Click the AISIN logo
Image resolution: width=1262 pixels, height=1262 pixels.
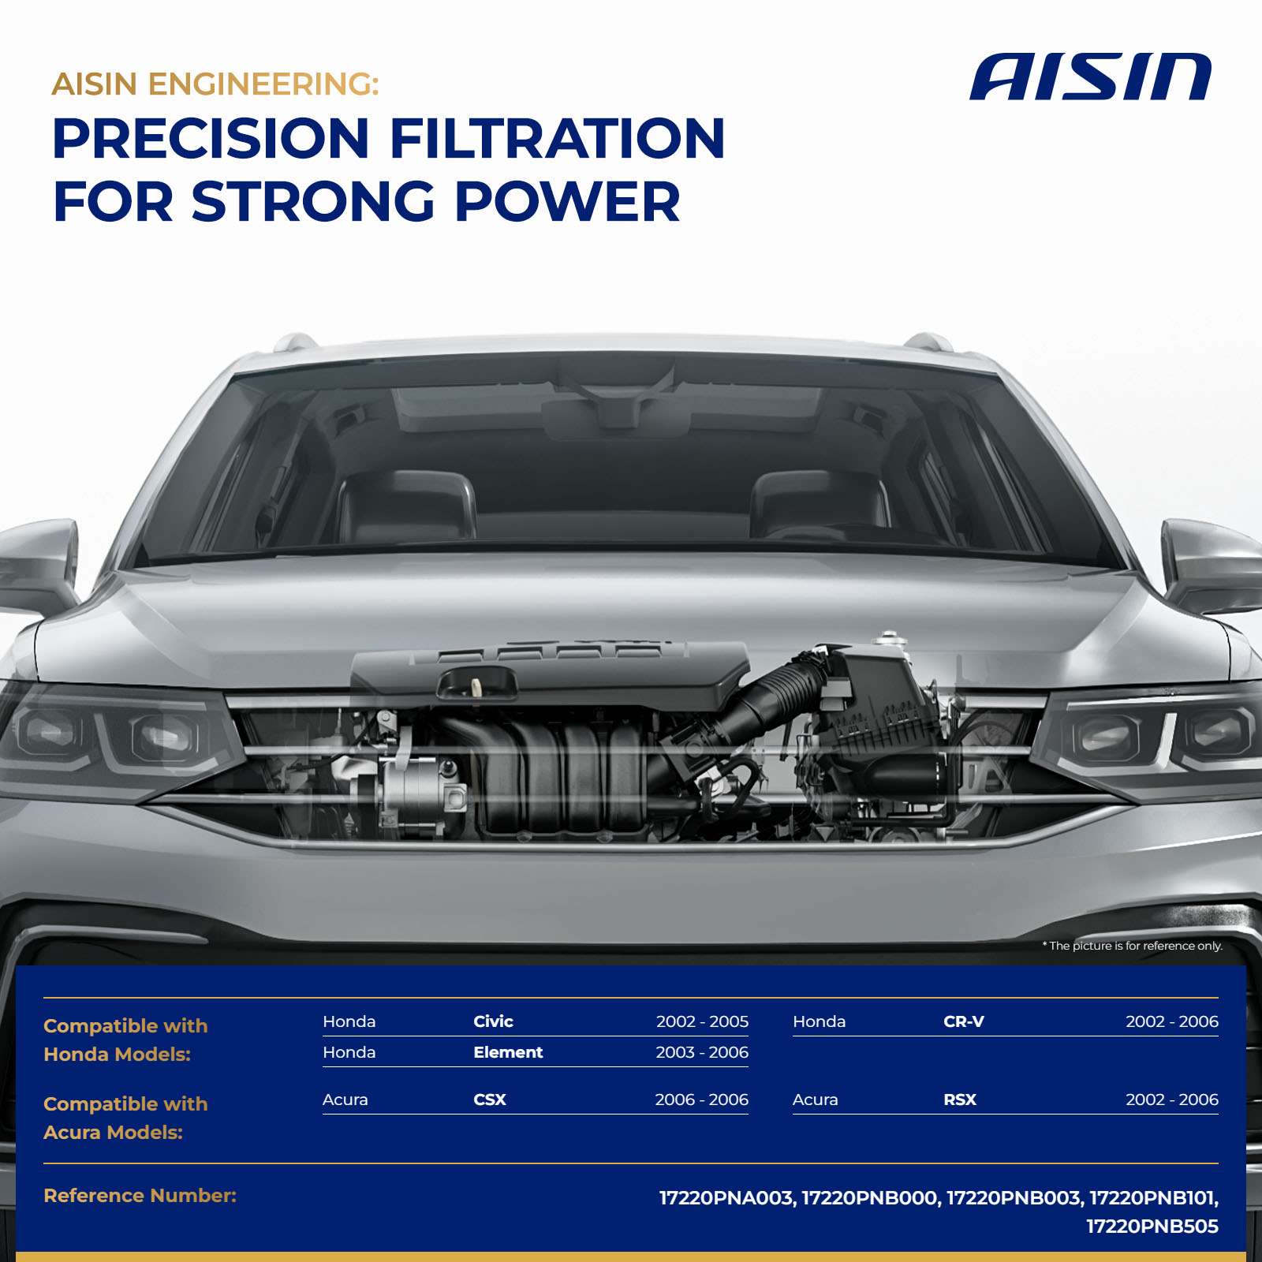[x=1090, y=77]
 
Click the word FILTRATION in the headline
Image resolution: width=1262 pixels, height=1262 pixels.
[x=557, y=138]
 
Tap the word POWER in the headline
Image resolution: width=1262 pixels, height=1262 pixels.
[x=567, y=201]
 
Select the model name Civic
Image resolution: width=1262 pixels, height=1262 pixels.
[x=493, y=1021]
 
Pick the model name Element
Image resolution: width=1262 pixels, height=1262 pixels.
[x=508, y=1052]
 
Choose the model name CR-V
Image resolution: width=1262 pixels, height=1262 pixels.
[x=964, y=1021]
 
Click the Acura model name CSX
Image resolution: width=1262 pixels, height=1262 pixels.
[x=490, y=1100]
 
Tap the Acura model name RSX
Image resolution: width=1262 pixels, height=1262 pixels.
[x=960, y=1100]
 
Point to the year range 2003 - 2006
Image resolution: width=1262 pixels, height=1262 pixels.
[x=702, y=1052]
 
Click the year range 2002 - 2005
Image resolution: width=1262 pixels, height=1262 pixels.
[x=702, y=1021]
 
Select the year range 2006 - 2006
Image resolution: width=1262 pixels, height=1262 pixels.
[x=701, y=1100]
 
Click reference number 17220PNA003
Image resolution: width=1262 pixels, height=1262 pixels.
[x=726, y=1198]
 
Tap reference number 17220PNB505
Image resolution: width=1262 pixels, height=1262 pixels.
[x=1152, y=1227]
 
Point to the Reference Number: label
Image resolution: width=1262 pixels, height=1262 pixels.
[x=140, y=1196]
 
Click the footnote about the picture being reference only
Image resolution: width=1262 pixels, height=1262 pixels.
[x=1133, y=946]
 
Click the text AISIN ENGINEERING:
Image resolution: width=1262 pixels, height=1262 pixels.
[x=215, y=84]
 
